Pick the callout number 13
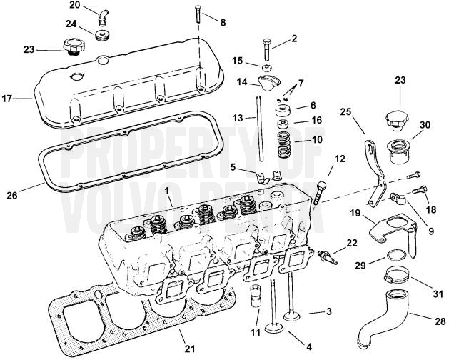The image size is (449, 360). [237, 117]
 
